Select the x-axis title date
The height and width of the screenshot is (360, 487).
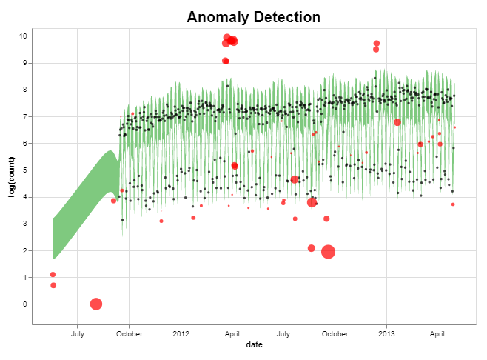click(253, 345)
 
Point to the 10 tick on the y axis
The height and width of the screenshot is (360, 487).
click(24, 36)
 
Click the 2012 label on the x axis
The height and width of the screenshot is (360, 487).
click(181, 334)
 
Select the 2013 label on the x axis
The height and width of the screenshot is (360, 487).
click(386, 334)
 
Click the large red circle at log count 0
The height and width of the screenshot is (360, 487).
click(95, 304)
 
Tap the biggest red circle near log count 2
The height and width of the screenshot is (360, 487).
click(329, 252)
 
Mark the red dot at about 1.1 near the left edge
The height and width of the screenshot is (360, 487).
click(53, 275)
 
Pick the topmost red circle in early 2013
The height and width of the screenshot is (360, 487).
click(377, 44)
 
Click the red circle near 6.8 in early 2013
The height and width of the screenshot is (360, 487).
click(397, 122)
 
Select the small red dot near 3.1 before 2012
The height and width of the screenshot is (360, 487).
click(161, 221)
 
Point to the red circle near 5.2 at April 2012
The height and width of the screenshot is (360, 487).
click(235, 166)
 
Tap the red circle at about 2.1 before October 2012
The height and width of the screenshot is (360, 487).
click(312, 248)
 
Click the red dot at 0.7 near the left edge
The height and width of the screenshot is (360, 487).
click(53, 285)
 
